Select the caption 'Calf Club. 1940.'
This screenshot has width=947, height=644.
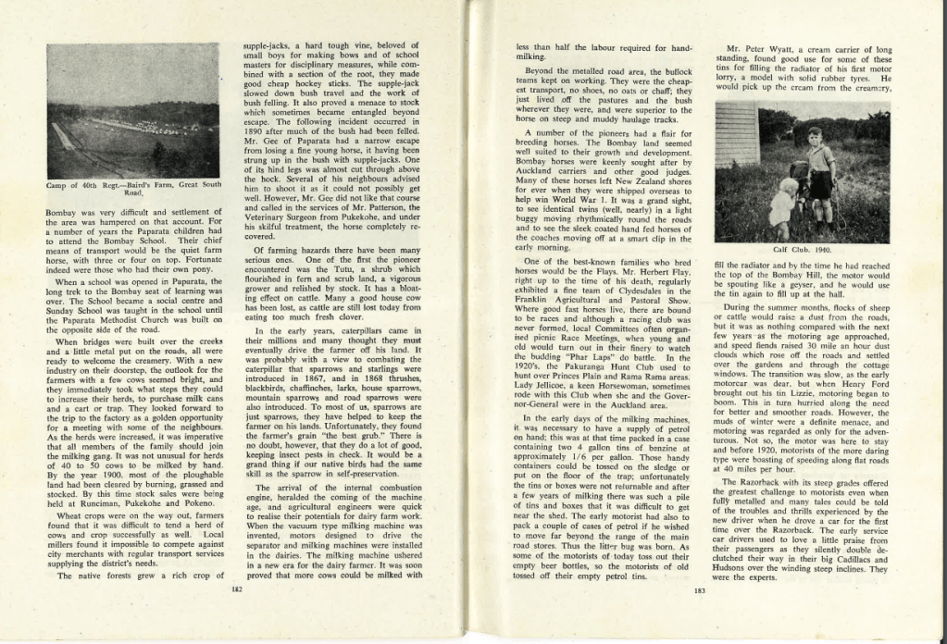[802, 249]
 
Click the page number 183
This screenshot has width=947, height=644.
[700, 591]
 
